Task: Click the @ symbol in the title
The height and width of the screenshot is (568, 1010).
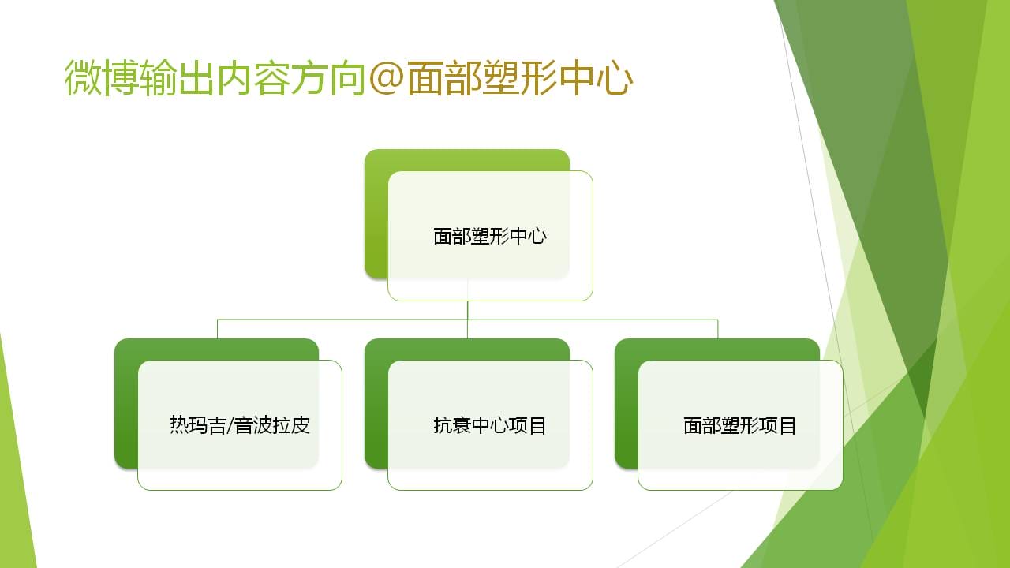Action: [x=387, y=78]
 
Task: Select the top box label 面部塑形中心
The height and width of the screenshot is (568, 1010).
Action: [x=490, y=236]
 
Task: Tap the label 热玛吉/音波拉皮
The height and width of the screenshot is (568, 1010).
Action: [x=240, y=425]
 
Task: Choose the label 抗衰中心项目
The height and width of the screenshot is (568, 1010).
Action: [x=490, y=425]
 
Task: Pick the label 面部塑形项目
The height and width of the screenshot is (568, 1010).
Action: [x=740, y=425]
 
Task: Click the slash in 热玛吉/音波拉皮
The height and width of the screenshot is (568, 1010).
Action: [x=230, y=425]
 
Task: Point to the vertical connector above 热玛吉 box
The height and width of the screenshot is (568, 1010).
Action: [x=217, y=329]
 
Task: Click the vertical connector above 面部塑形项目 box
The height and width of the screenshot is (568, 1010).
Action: [x=718, y=329]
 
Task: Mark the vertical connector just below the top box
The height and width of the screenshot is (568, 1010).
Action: [x=468, y=310]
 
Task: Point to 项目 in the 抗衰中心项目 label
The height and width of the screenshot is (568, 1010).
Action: [x=528, y=425]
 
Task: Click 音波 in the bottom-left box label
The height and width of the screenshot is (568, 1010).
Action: [x=253, y=425]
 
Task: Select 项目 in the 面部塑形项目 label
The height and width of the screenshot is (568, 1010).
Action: [x=778, y=425]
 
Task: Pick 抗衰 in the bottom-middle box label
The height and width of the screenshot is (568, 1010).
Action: [x=452, y=425]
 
